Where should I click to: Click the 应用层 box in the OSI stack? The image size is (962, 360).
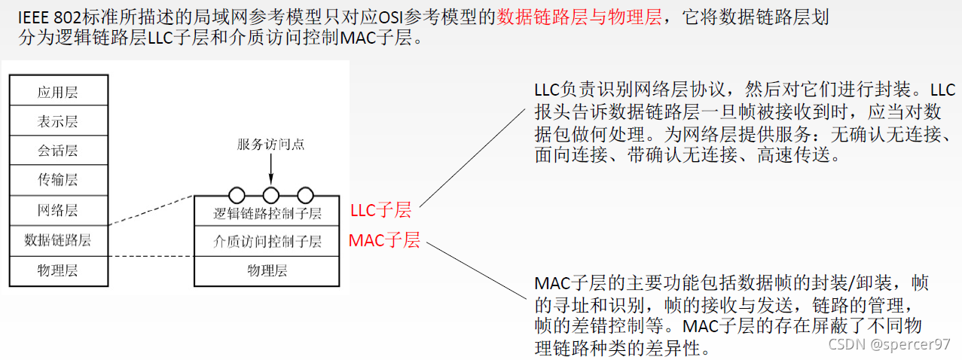pyautogui.click(x=58, y=92)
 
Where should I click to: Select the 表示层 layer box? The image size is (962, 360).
pyautogui.click(x=58, y=121)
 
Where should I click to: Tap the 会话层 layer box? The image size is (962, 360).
pyautogui.click(x=58, y=151)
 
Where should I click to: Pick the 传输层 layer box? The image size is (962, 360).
pyautogui.click(x=58, y=180)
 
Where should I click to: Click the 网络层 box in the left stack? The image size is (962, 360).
pyautogui.click(x=58, y=209)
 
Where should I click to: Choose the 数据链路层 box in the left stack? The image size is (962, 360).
pyautogui.click(x=58, y=239)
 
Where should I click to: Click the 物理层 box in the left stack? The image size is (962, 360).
pyautogui.click(x=58, y=270)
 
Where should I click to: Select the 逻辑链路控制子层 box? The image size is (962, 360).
pyautogui.click(x=267, y=213)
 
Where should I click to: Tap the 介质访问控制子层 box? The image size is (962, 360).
pyautogui.click(x=267, y=242)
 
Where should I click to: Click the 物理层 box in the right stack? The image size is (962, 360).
pyautogui.click(x=267, y=270)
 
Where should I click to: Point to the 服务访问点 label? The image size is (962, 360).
pyautogui.click(x=270, y=144)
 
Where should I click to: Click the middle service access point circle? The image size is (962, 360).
pyautogui.click(x=270, y=195)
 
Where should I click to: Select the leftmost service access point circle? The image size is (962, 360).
pyautogui.click(x=237, y=195)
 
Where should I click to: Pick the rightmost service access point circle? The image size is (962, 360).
pyautogui.click(x=305, y=195)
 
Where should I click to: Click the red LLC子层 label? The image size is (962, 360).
pyautogui.click(x=381, y=210)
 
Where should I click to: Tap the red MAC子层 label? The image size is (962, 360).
pyautogui.click(x=384, y=240)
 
